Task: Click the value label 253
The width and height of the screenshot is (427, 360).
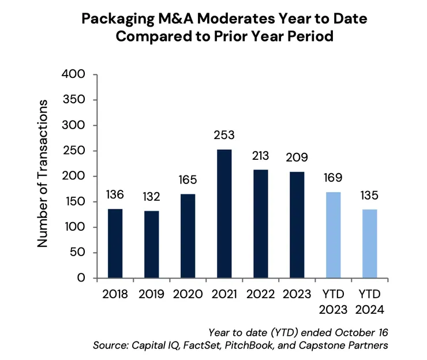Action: (x=224, y=137)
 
